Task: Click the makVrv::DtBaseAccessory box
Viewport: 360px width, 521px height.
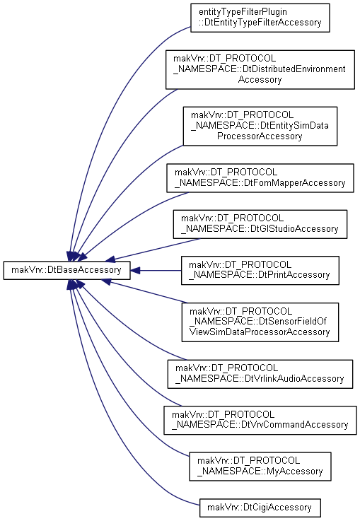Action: click(66, 270)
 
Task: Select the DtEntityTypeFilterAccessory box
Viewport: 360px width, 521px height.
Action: click(260, 18)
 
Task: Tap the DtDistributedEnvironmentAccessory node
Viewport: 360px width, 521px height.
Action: click(260, 69)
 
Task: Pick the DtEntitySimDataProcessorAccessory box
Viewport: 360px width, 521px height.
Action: click(260, 126)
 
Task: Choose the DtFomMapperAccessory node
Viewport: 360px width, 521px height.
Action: click(260, 177)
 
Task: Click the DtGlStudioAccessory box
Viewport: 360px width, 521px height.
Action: click(260, 224)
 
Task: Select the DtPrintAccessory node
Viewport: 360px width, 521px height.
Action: click(260, 270)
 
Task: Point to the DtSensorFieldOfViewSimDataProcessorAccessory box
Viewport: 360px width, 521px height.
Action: click(260, 322)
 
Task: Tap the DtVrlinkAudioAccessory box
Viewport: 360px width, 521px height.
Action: click(260, 374)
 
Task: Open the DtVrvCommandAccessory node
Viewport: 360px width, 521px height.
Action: click(260, 420)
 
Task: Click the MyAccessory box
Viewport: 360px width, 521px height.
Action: click(260, 466)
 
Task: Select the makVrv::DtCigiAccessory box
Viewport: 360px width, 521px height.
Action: click(260, 508)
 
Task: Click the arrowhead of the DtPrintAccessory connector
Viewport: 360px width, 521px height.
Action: click(134, 271)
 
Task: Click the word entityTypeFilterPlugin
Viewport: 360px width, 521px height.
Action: click(243, 12)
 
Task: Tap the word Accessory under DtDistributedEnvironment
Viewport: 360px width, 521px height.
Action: click(260, 80)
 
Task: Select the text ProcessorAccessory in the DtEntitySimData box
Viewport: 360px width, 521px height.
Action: click(260, 136)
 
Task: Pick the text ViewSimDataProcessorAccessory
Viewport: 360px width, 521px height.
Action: click(260, 332)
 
